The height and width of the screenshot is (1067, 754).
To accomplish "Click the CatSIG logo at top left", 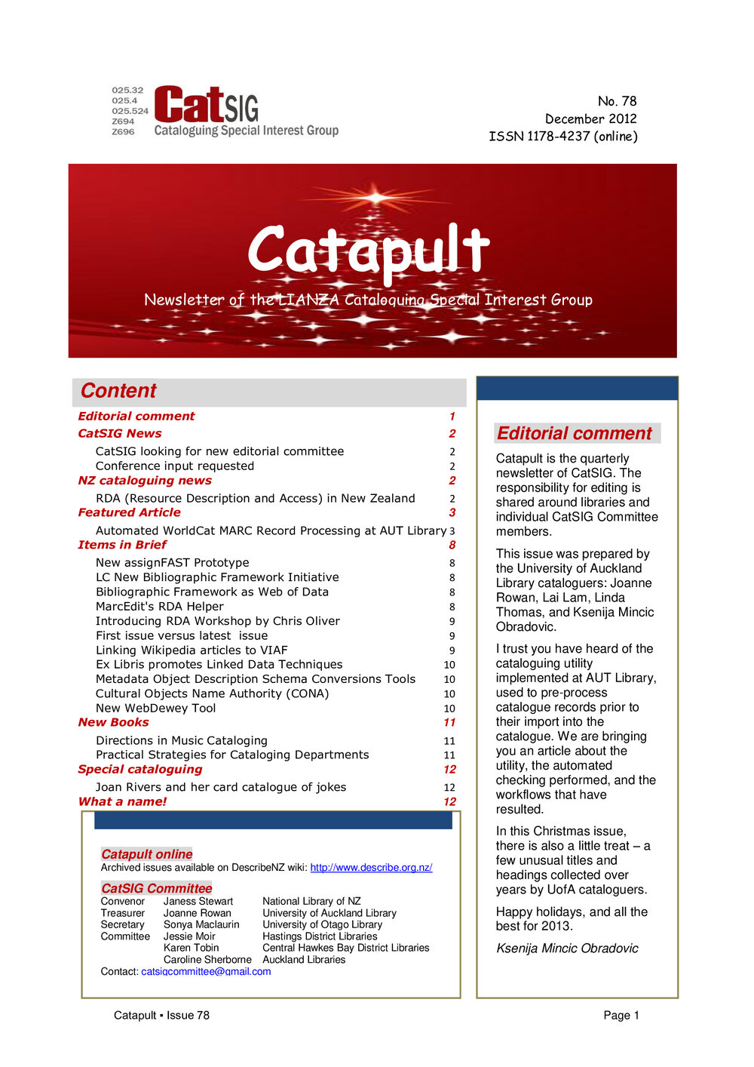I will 226,111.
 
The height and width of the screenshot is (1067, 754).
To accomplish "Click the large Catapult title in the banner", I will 369,250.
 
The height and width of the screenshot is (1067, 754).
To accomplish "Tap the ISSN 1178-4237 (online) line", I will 562,137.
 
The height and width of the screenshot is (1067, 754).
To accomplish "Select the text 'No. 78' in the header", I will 617,101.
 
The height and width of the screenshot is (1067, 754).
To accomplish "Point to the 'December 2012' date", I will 590,118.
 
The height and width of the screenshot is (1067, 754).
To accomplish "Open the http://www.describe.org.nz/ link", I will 371,868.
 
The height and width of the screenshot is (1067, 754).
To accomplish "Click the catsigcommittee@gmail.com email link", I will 206,971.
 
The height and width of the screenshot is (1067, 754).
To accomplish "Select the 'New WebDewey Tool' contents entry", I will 155,708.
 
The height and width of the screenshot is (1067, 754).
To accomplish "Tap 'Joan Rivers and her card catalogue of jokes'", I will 221,787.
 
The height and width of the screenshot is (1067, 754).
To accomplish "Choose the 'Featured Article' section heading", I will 129,512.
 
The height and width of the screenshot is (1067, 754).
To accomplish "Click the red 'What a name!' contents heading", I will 122,801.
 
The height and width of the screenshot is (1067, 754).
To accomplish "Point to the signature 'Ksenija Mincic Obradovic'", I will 567,949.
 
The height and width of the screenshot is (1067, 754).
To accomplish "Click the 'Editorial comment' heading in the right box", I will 575,433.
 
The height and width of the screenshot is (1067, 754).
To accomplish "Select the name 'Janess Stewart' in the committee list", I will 198,901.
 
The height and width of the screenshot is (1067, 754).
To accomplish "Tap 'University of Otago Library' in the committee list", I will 322,924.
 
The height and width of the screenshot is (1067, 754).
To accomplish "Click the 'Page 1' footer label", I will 621,1015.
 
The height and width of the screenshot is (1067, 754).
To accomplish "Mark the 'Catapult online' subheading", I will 147,854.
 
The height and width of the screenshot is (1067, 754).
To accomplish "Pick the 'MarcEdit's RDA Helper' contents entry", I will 160,607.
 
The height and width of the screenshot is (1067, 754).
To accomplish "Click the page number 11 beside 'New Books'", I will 449,723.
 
